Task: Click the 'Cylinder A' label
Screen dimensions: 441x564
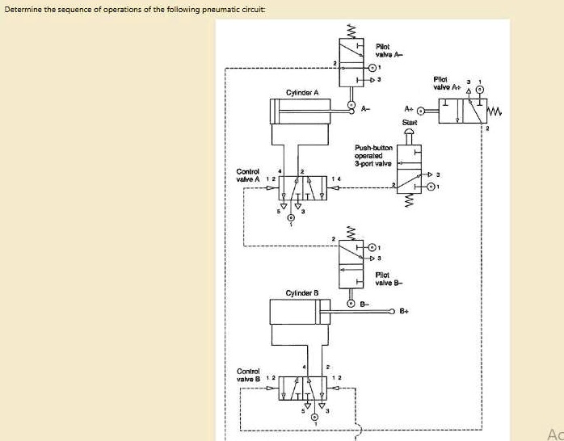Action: point(301,93)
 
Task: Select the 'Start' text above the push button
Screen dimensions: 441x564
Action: point(409,122)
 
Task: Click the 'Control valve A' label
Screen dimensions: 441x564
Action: point(247,175)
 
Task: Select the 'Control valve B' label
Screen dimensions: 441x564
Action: point(247,374)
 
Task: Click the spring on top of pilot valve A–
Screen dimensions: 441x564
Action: point(351,30)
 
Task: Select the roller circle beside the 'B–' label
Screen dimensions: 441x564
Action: point(351,304)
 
